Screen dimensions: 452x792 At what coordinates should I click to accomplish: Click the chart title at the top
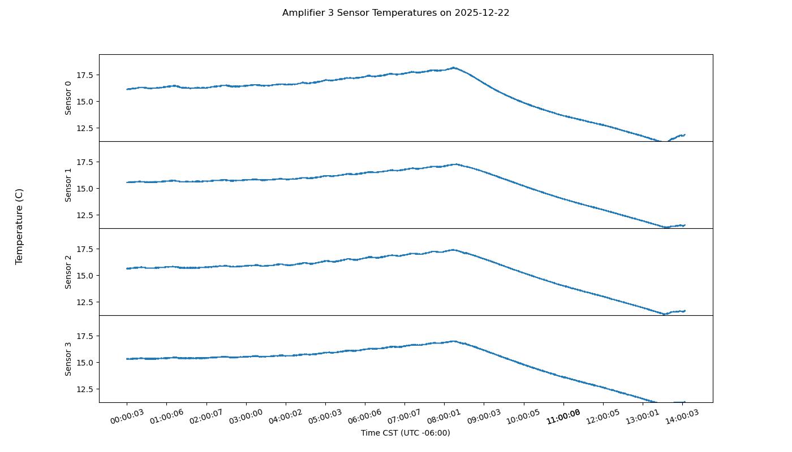pos(395,12)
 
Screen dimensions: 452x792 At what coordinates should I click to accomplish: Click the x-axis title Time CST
pos(405,433)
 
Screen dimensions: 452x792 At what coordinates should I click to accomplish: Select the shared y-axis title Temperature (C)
pos(19,226)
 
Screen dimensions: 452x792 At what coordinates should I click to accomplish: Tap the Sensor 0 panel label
pos(68,98)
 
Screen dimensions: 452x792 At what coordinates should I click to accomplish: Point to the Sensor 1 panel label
pos(68,185)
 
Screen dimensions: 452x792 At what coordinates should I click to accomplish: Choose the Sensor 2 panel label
pos(68,272)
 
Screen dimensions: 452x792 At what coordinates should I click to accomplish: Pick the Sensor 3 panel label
pos(68,359)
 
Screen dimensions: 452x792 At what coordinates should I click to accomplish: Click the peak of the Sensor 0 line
pos(454,68)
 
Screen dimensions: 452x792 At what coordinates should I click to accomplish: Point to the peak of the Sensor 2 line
pos(453,250)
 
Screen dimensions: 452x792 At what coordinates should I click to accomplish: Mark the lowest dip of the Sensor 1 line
pos(666,228)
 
